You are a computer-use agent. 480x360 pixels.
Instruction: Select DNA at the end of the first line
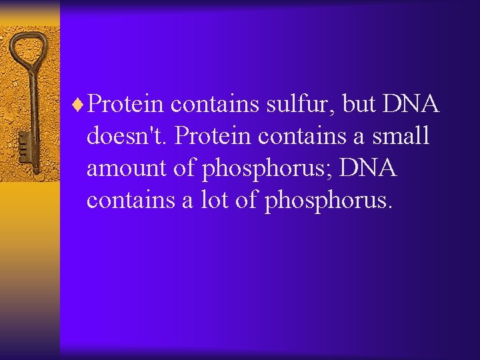(412, 104)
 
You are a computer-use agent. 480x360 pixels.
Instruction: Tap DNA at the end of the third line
(368, 168)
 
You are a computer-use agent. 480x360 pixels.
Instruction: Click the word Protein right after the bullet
(126, 104)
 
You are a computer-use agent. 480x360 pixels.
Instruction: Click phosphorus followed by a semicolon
(267, 169)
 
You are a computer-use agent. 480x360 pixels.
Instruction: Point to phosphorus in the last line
(327, 201)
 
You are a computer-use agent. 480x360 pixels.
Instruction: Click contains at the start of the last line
(130, 200)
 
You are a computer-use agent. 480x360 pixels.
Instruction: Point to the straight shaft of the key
(29, 100)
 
